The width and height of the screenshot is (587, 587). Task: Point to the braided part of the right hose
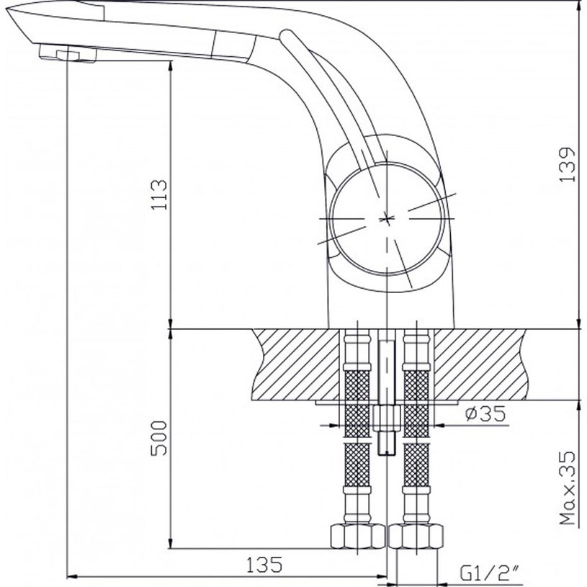point(416,403)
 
